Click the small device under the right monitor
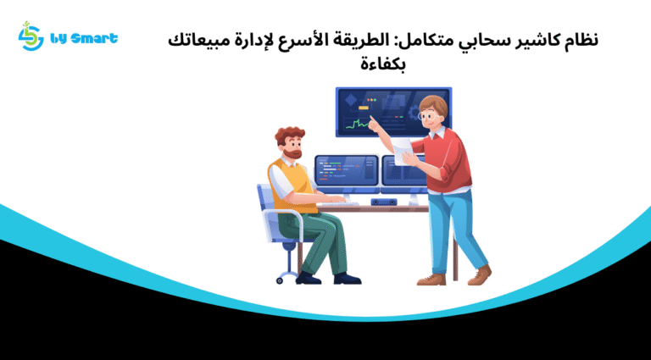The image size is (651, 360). click(x=385, y=202)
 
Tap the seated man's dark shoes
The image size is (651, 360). click(x=346, y=278)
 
